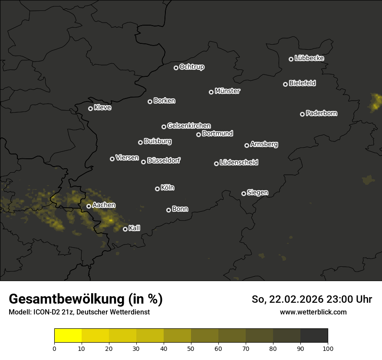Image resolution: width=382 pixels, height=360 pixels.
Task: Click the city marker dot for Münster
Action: [x=211, y=92]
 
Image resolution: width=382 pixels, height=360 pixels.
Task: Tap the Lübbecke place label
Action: [x=309, y=58]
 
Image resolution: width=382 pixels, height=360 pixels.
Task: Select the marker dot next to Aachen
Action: [x=89, y=206]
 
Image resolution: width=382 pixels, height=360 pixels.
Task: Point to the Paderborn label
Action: [x=321, y=113]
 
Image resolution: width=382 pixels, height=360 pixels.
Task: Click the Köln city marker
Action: [x=158, y=189]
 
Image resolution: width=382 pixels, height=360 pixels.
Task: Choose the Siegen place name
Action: [x=257, y=193]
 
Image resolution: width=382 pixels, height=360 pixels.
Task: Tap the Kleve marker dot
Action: [x=91, y=108]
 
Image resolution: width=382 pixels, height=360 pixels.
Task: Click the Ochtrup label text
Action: [x=191, y=67]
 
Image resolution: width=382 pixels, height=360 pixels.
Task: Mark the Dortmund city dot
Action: [x=199, y=134]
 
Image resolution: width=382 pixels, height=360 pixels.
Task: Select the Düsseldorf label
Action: [x=164, y=160]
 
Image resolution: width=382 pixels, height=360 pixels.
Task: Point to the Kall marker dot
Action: [x=125, y=229]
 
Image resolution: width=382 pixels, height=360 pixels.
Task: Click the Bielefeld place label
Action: [x=302, y=83]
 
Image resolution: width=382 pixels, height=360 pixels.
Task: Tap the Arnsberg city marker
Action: [x=247, y=145]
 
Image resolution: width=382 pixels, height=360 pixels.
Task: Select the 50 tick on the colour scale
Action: [x=191, y=348]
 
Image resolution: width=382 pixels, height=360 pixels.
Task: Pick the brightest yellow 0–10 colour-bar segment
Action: [x=68, y=335]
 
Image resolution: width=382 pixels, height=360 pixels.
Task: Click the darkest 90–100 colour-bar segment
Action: [x=314, y=335]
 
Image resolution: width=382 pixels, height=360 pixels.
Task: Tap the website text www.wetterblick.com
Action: [x=313, y=312]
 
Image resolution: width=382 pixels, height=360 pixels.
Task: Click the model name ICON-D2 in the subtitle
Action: [x=46, y=312]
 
